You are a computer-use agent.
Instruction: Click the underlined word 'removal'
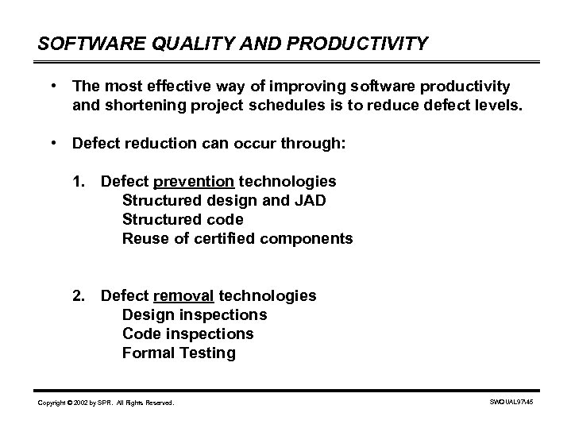[x=183, y=296]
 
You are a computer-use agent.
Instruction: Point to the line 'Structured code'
[x=183, y=220]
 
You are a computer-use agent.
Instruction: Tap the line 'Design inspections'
[x=195, y=315]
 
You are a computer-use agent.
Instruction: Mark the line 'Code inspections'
[x=187, y=334]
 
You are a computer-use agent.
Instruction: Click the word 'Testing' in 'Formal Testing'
[x=209, y=353]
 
